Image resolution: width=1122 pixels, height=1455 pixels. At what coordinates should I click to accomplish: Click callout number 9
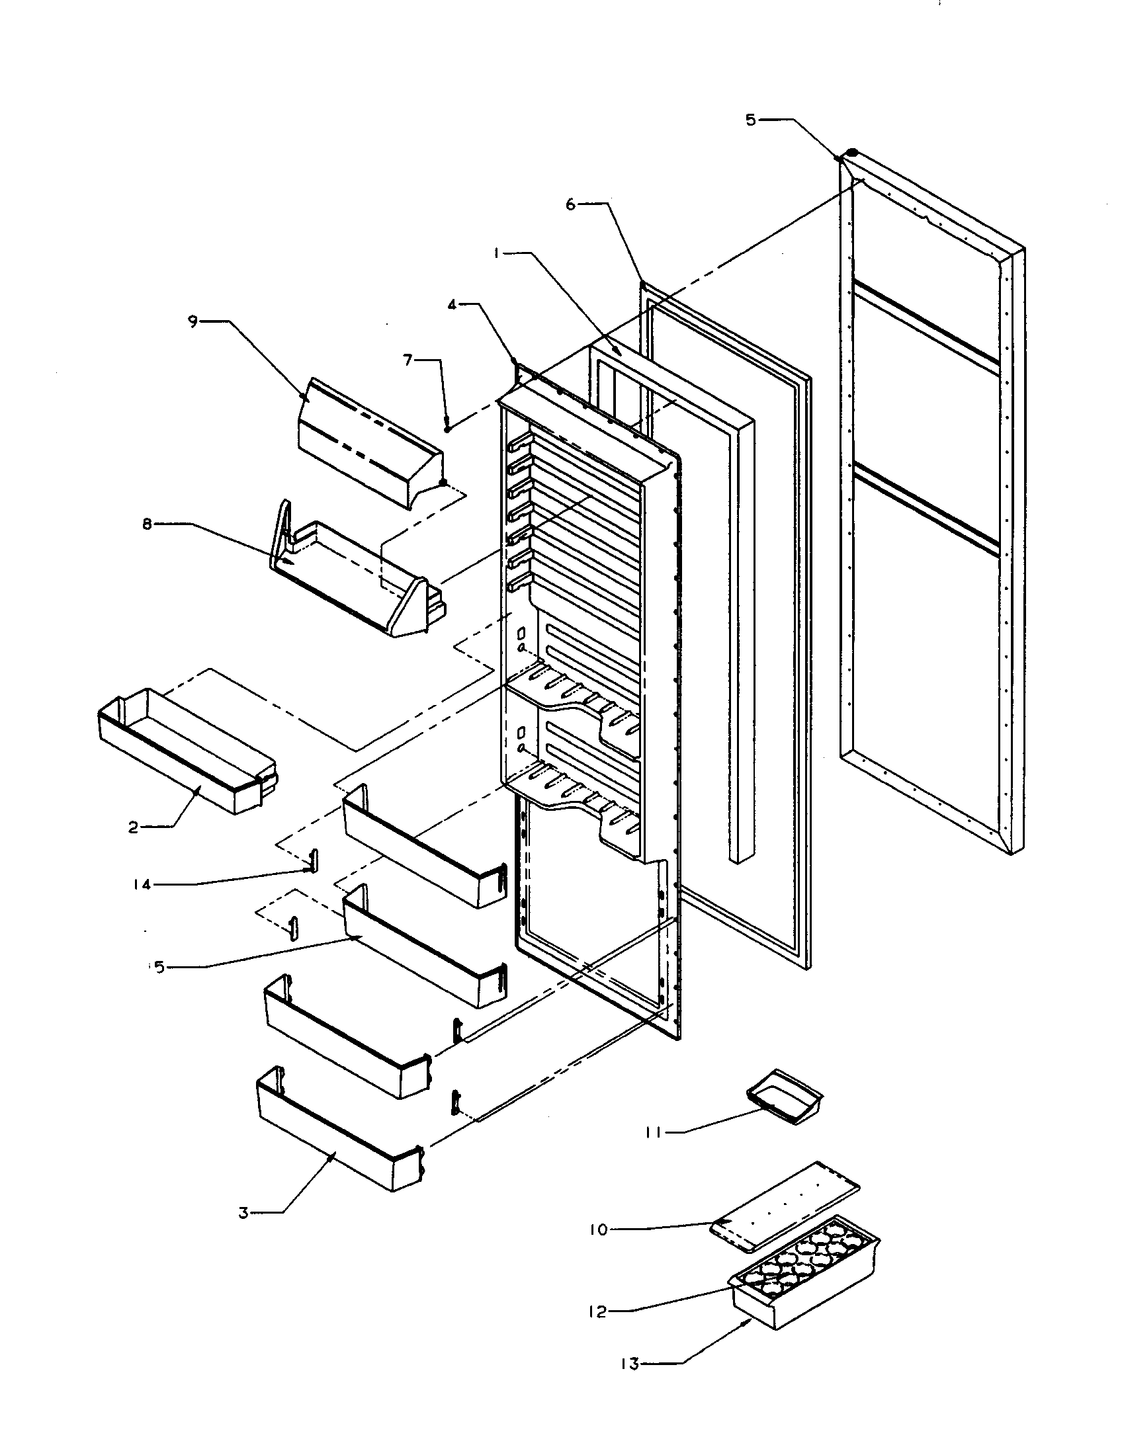(x=193, y=322)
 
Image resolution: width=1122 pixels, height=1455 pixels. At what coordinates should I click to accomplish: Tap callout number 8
(x=147, y=524)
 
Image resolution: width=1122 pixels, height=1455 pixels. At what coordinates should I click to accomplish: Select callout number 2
(x=133, y=827)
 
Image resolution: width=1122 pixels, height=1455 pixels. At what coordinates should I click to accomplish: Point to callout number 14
(x=142, y=884)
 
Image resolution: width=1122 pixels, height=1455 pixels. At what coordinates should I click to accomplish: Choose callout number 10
(x=598, y=1229)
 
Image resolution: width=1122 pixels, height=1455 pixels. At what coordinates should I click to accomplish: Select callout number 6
(x=570, y=204)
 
